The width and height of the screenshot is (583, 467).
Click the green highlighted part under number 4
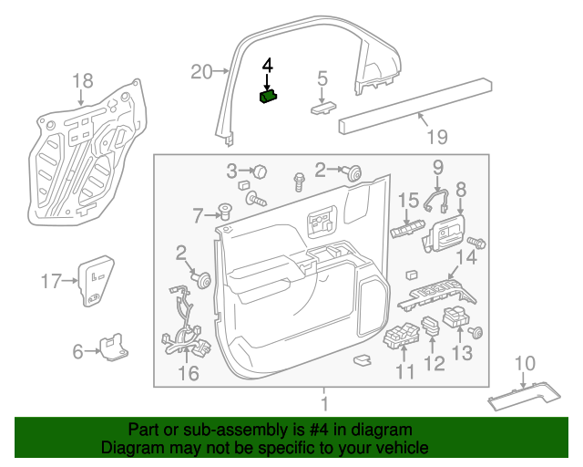(x=269, y=97)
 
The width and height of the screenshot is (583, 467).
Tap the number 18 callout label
(x=82, y=79)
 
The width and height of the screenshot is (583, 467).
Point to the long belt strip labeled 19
(x=410, y=103)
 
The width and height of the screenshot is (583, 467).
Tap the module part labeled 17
(x=95, y=281)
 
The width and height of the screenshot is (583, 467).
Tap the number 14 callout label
(x=465, y=258)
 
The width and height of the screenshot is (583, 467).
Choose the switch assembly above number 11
(x=400, y=339)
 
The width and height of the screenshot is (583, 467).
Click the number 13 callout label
(x=463, y=354)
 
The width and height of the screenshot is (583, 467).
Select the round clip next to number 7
(x=224, y=213)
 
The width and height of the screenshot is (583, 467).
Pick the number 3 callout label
(x=232, y=171)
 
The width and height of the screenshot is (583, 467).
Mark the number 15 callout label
(x=406, y=200)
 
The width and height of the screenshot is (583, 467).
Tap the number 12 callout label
(x=435, y=365)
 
